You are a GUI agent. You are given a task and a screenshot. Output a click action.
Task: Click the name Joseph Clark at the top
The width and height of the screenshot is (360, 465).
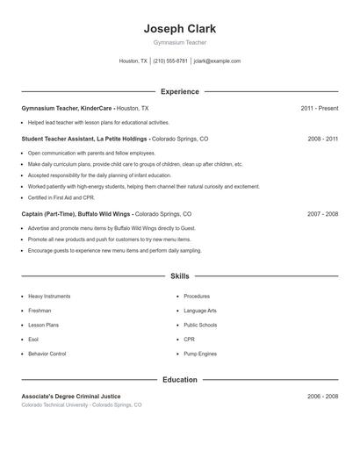click(x=179, y=28)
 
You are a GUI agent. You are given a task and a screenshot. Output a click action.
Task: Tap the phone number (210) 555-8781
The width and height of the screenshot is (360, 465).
click(x=170, y=61)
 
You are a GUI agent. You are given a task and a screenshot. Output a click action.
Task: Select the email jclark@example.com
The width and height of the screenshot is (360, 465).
click(x=217, y=61)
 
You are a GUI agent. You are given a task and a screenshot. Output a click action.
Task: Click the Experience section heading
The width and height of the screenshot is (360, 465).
click(x=179, y=91)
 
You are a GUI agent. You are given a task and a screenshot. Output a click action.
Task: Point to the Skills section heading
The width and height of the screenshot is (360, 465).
click(x=179, y=275)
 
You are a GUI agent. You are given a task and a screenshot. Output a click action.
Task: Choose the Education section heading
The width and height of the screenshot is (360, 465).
click(x=179, y=380)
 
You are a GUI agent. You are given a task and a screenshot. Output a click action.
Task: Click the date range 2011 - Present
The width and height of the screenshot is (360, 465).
click(x=319, y=108)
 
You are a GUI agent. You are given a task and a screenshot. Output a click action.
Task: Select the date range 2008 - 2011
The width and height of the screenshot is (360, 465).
click(x=322, y=139)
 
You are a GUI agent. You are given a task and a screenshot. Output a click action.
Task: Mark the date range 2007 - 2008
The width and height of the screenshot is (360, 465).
click(x=322, y=214)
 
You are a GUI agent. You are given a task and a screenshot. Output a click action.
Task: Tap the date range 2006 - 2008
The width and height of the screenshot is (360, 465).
click(x=322, y=397)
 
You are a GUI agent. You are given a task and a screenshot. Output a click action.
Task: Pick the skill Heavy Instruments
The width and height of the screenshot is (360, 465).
click(x=49, y=297)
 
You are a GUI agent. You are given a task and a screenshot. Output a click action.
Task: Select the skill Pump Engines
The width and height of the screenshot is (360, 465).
click(x=201, y=354)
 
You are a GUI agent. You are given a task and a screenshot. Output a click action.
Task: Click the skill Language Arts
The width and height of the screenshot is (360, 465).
click(x=200, y=311)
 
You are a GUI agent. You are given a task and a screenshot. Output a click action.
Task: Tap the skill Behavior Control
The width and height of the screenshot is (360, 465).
click(x=47, y=354)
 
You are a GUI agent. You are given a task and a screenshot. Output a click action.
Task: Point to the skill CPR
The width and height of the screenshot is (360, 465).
click(x=189, y=340)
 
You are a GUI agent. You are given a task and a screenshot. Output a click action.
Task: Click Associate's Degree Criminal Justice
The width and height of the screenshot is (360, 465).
click(x=70, y=397)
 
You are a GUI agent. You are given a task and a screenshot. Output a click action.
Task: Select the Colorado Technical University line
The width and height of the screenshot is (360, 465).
click(x=81, y=405)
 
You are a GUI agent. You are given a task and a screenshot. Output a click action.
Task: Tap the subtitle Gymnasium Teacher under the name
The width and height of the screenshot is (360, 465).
click(x=179, y=42)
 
